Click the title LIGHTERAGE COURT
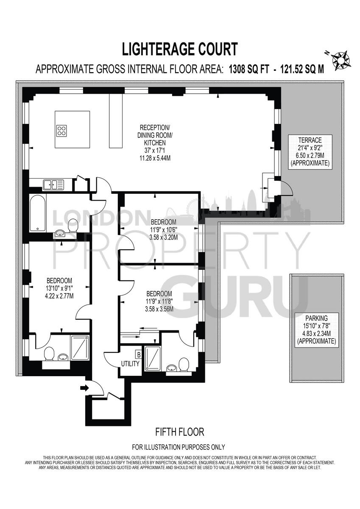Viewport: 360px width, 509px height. tap(180, 49)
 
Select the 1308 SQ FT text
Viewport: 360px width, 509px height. tap(248, 69)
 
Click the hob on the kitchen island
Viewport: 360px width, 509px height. tap(62, 130)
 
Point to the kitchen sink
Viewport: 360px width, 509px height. tap(53, 184)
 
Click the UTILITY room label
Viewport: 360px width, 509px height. tap(130, 364)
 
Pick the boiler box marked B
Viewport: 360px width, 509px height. tap(138, 353)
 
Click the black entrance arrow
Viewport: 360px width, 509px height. tap(84, 387)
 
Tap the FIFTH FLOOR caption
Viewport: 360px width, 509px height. tap(180, 432)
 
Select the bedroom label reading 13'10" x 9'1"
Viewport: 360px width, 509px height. tap(59, 288)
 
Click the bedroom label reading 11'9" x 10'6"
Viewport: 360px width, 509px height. tap(164, 229)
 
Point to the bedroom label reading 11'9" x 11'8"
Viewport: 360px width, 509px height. tap(159, 301)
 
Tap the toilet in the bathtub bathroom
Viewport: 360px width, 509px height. tap(73, 225)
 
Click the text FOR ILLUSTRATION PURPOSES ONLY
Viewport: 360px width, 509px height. tap(179, 447)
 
